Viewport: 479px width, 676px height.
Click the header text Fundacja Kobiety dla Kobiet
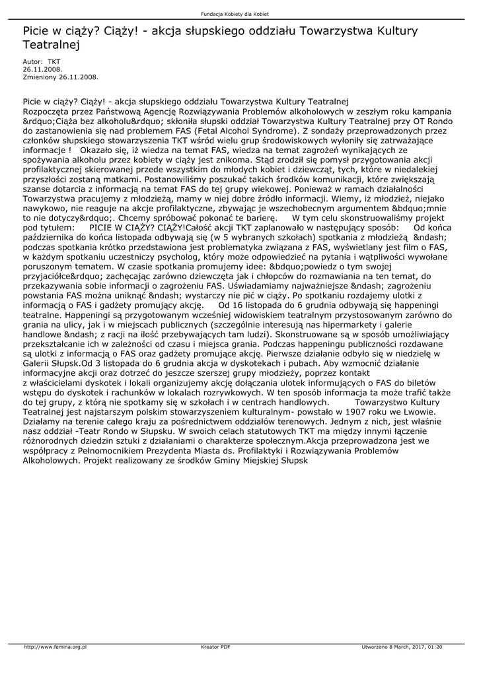coord(239,14)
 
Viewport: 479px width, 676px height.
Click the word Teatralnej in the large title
coord(51,46)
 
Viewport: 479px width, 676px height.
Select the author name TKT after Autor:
coord(54,61)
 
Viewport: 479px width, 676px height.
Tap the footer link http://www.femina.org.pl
coord(55,646)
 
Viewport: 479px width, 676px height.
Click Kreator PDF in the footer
coord(215,646)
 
